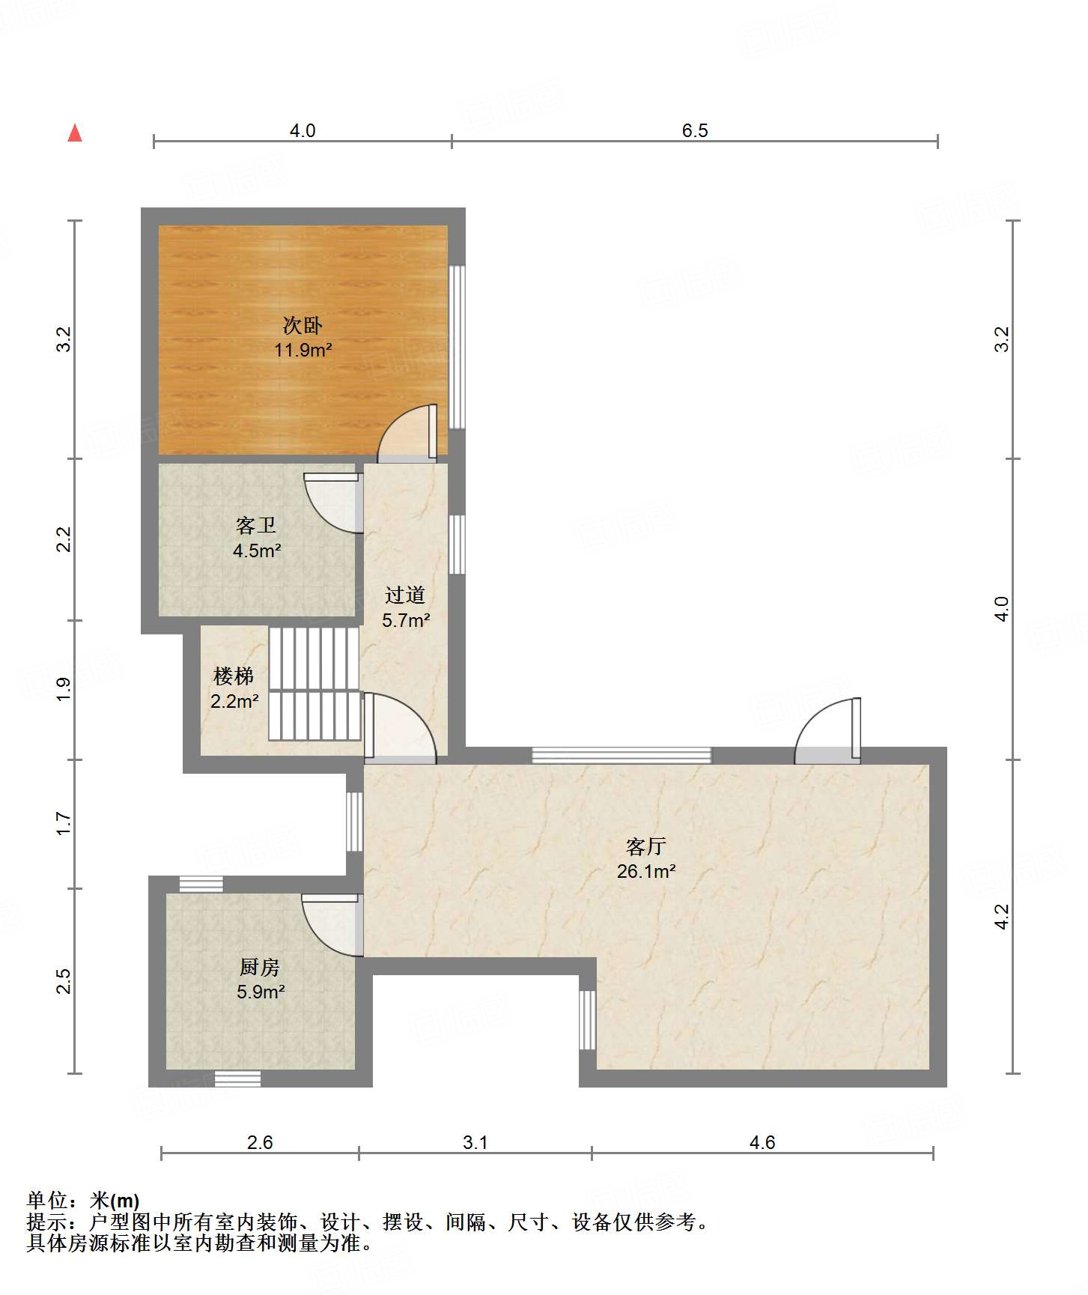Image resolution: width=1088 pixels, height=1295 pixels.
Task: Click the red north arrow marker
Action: [x=75, y=133]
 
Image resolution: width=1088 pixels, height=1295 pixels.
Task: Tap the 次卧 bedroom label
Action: [x=303, y=325]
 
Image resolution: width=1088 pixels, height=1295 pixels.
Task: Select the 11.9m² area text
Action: [x=303, y=350]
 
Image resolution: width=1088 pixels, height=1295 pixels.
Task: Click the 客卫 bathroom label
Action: [x=256, y=526]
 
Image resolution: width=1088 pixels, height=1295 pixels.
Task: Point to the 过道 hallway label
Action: [x=405, y=595]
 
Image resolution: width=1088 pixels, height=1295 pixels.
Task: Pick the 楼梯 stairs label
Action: [x=234, y=677]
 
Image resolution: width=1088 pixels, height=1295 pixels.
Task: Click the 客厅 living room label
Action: [x=646, y=847]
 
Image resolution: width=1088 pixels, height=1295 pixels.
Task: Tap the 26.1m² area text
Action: [x=646, y=871]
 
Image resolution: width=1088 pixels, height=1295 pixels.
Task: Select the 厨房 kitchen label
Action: [x=260, y=968]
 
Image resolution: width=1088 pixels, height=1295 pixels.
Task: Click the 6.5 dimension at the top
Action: [x=695, y=130]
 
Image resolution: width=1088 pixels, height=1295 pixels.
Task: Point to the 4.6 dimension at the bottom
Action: [x=762, y=1142]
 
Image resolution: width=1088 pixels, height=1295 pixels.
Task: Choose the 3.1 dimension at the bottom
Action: [x=475, y=1142]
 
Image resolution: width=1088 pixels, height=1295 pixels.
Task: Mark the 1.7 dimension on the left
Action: [x=64, y=824]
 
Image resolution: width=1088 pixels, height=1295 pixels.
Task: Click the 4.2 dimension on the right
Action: [x=1002, y=916]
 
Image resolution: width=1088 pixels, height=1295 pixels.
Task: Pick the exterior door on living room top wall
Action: [x=827, y=731]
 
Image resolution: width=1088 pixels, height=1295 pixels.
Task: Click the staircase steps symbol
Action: [x=314, y=684]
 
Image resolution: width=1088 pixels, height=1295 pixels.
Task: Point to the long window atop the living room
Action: [x=622, y=755]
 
